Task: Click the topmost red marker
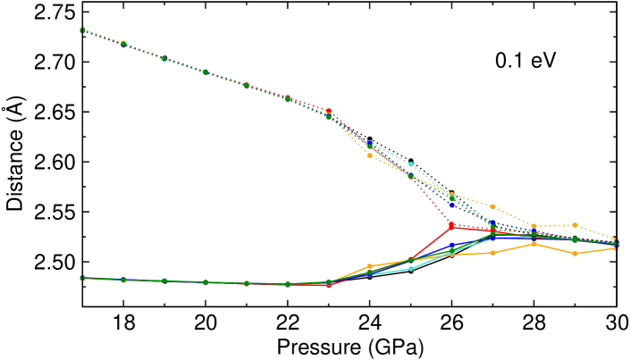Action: [329, 112]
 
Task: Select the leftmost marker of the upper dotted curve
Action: [82, 29]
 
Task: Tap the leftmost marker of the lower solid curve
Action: [82, 278]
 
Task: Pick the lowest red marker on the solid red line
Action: [329, 285]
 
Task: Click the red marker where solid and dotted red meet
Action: [451, 226]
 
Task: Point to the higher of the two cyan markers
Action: [410, 164]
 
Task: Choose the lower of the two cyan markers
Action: [410, 268]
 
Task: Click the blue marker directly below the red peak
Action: [451, 246]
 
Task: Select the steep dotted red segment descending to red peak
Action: [432, 202]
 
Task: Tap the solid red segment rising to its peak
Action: [432, 242]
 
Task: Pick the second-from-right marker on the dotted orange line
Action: [575, 225]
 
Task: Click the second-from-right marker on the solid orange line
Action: [575, 254]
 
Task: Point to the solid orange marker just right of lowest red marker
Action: [370, 266]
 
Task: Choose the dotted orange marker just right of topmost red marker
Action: [370, 155]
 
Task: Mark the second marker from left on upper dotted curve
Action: [123, 43]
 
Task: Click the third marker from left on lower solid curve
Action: [164, 280]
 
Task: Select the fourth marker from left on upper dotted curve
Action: [206, 72]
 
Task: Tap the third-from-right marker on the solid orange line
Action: [534, 243]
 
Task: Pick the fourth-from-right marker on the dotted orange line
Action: [492, 206]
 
